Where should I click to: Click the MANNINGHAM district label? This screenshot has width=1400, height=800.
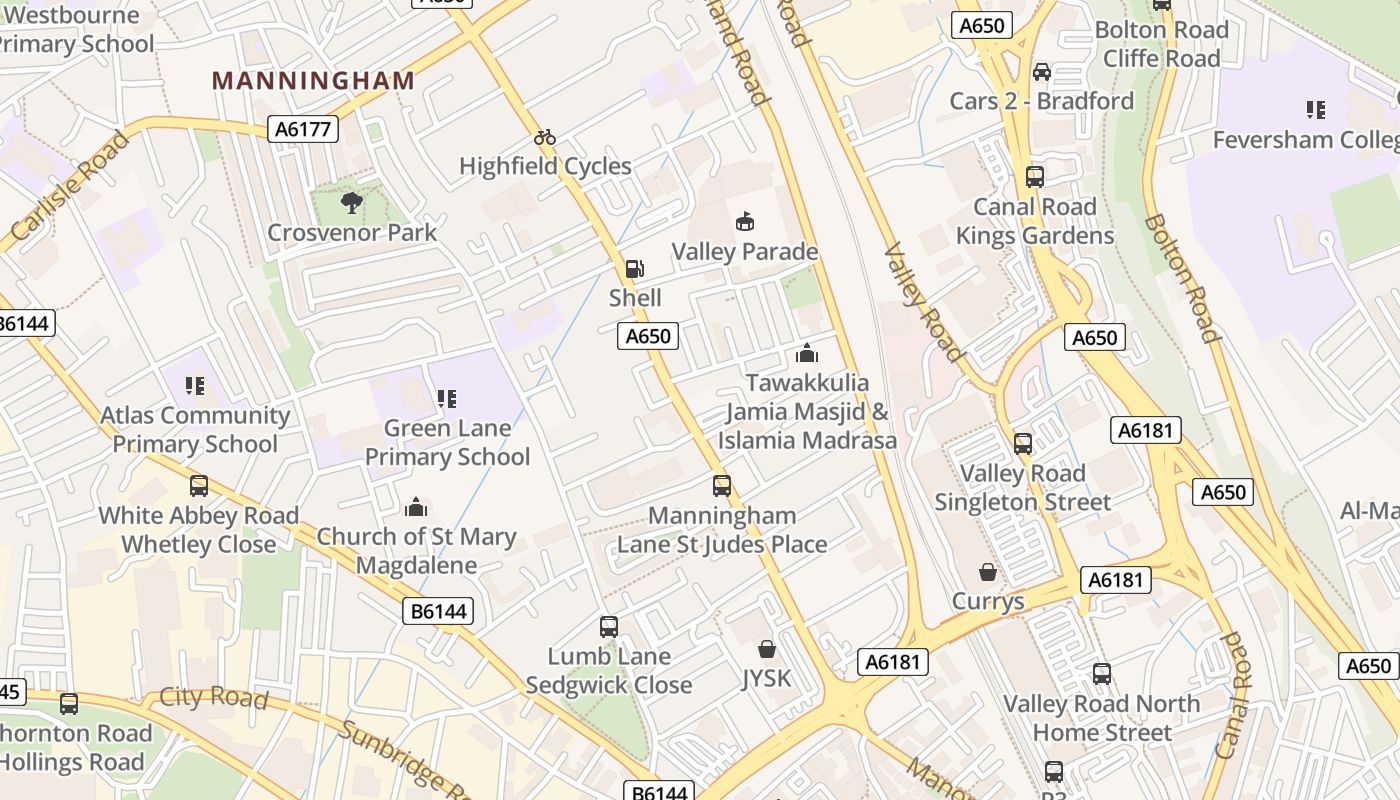point(314,81)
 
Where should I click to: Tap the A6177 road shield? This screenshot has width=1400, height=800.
point(304,128)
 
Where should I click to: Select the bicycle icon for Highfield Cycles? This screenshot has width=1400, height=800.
point(545,137)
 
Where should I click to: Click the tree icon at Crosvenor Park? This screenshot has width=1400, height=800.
point(351,203)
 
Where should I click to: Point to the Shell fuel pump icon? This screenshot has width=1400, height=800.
point(634,268)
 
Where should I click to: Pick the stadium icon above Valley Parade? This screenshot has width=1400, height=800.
point(744,221)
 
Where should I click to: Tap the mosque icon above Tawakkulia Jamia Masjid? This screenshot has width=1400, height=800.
point(807,353)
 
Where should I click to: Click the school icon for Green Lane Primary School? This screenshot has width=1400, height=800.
point(446,399)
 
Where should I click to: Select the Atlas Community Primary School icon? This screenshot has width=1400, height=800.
point(195,385)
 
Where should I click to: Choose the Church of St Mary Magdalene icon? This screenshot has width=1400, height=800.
point(416,507)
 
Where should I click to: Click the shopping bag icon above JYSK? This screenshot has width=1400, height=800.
point(766,649)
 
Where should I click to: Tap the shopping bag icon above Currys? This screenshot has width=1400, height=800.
point(988,572)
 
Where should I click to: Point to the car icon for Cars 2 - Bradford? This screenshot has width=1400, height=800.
point(1042,72)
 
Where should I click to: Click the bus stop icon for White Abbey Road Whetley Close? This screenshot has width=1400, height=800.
point(199,486)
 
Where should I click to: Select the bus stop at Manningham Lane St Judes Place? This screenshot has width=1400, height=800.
point(722,486)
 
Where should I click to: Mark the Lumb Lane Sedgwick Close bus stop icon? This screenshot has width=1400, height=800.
point(609,627)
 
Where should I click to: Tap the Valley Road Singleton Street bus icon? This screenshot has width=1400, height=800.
point(1023,443)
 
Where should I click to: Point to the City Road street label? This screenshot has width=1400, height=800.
point(214,697)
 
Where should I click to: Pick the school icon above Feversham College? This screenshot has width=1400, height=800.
point(1315,110)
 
